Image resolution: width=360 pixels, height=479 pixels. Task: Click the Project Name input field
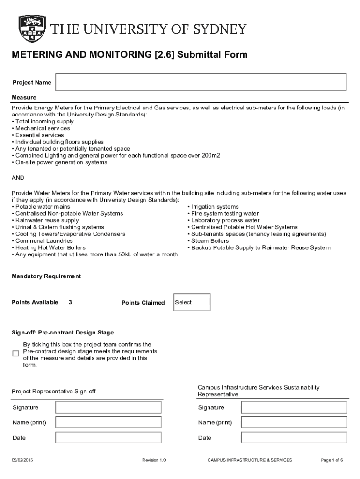point(201,82)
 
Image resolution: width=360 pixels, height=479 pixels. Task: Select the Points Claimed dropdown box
point(192,302)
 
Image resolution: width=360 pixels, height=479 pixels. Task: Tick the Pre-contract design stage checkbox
point(15,354)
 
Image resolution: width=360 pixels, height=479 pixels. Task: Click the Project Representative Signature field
point(108,407)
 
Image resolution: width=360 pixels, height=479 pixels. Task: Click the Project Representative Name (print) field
point(108,422)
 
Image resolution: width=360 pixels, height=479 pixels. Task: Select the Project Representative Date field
point(108,438)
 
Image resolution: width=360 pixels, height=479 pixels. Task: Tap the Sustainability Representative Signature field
point(294,407)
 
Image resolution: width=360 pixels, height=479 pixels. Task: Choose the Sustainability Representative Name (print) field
point(294,422)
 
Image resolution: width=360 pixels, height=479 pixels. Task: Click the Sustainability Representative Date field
point(294,438)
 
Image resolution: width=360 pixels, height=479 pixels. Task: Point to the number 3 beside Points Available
point(70,302)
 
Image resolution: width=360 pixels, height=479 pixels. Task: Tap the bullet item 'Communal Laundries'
point(43,241)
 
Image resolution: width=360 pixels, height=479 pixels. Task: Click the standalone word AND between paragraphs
point(18,178)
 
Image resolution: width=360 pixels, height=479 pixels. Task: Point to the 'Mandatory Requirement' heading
point(46,276)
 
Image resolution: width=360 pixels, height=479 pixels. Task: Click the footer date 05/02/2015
point(22,460)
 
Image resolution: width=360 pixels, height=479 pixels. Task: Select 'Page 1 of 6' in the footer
point(332,460)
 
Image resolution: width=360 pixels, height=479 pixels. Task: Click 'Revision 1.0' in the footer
point(154,460)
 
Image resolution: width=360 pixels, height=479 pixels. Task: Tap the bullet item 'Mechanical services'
point(42,128)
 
